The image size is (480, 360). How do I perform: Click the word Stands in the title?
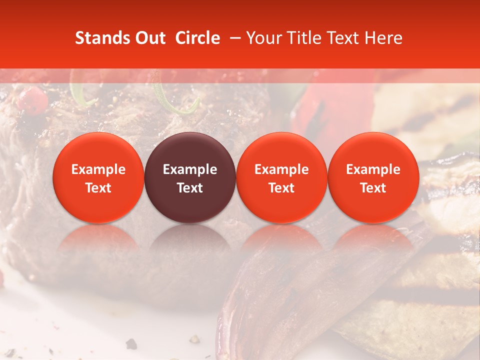101,38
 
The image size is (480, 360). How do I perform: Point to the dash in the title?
233,38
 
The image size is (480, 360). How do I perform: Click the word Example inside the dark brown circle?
190,169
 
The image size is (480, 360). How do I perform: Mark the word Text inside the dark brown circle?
190,188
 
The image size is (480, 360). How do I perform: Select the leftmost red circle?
98,177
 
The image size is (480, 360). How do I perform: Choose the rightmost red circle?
373,177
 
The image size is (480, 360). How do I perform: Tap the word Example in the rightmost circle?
373,169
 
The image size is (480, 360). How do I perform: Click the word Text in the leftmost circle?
98,188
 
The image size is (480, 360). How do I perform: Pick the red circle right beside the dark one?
281,177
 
